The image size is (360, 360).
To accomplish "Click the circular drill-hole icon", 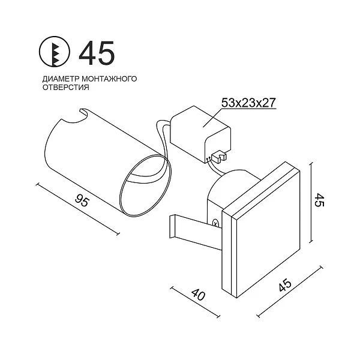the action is point(54,52).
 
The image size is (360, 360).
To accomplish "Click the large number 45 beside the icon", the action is point(97,53).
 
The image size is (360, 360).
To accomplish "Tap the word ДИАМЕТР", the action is point(61,79).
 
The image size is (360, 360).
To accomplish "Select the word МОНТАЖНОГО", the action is point(110,79).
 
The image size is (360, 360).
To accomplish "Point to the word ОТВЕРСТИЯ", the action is point(66,88).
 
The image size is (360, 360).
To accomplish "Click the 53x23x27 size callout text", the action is point(248,103).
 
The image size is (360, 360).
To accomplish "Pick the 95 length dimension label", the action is point(82,200).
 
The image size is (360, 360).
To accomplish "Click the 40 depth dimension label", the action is point(198,294).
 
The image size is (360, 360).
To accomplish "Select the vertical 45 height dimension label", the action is point(319,200).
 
